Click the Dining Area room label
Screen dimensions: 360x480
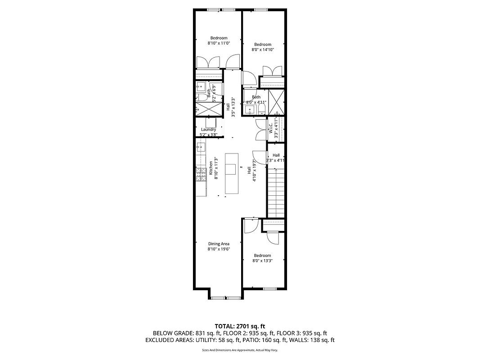click(x=219, y=244)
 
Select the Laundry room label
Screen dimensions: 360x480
click(x=208, y=130)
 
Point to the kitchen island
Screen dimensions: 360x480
click(x=231, y=173)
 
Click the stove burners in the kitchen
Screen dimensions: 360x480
click(x=201, y=174)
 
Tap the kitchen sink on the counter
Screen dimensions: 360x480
click(x=201, y=146)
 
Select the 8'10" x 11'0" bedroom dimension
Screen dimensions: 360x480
click(x=219, y=43)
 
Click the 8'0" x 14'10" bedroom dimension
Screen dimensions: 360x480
click(x=263, y=49)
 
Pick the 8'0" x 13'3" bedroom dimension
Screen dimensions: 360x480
click(x=262, y=261)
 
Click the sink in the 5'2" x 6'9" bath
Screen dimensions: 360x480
click(x=200, y=87)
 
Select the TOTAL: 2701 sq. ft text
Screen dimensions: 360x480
click(x=240, y=326)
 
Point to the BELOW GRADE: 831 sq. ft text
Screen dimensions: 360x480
click(x=180, y=333)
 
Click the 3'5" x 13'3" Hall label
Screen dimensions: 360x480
click(x=231, y=107)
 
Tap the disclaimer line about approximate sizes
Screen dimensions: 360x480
click(x=240, y=350)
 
